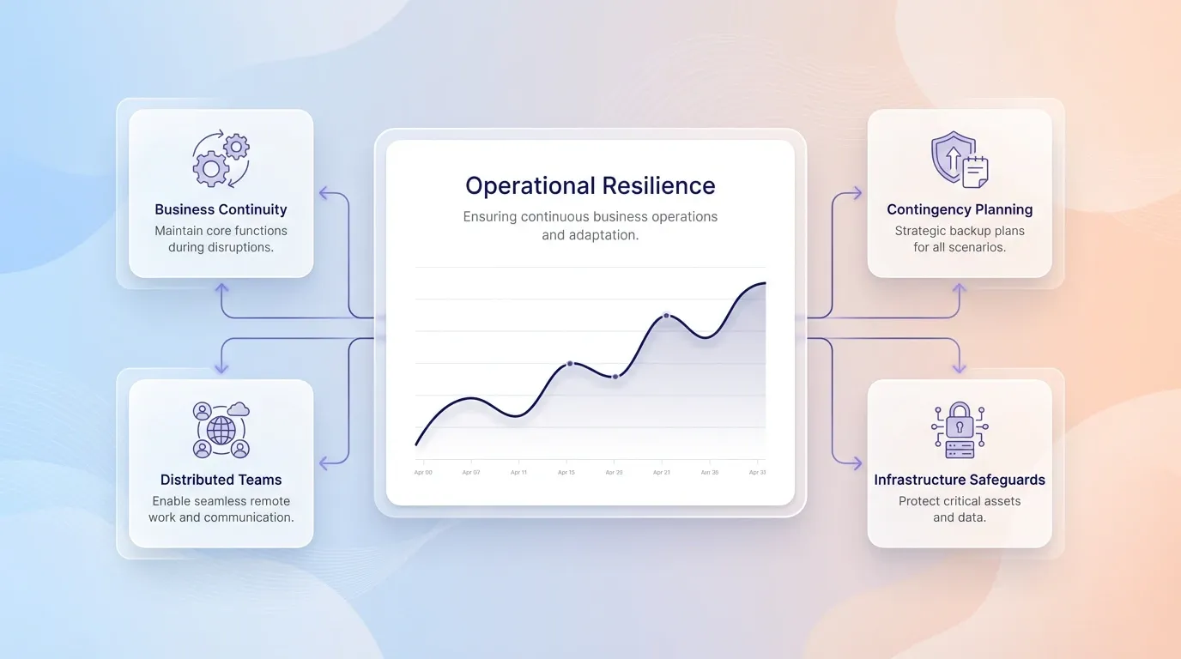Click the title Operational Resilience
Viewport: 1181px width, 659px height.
click(x=590, y=185)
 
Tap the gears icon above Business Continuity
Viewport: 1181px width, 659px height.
click(x=221, y=159)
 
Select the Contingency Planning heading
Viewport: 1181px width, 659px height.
click(x=960, y=209)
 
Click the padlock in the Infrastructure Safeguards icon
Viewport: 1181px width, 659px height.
click(x=960, y=421)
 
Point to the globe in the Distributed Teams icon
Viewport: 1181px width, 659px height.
click(x=221, y=430)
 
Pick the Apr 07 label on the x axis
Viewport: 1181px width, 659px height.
click(x=471, y=473)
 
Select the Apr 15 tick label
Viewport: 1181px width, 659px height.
click(x=566, y=473)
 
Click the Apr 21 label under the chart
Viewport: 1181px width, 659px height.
click(x=662, y=473)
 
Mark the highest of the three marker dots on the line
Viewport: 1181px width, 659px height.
click(x=666, y=316)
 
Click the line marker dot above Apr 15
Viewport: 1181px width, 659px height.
click(x=569, y=364)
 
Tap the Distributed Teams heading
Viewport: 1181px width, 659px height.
click(x=221, y=480)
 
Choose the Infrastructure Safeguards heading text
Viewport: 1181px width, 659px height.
click(x=960, y=480)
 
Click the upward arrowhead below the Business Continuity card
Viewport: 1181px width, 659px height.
click(x=221, y=289)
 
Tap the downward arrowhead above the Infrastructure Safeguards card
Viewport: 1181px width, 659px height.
click(x=959, y=368)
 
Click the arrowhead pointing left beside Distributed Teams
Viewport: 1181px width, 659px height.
click(x=324, y=463)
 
